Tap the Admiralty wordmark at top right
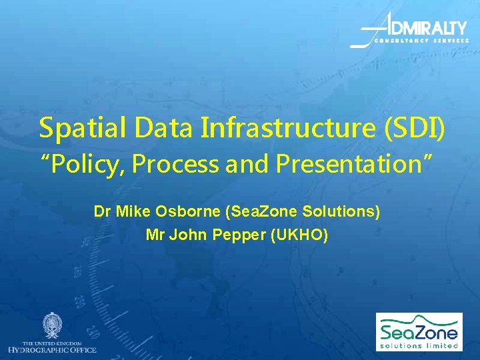click(427, 28)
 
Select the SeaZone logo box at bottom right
click(419, 331)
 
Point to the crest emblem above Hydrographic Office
click(52, 325)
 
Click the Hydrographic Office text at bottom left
click(52, 350)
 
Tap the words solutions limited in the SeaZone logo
click(419, 345)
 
